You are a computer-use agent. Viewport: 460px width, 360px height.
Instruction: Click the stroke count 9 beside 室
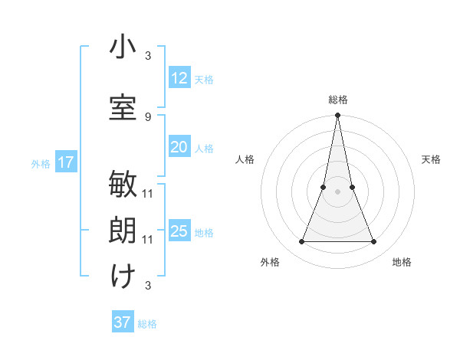148,116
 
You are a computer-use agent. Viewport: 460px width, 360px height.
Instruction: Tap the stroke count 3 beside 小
148,56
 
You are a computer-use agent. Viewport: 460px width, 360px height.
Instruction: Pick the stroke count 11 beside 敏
148,193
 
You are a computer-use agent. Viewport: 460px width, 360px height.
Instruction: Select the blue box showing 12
179,77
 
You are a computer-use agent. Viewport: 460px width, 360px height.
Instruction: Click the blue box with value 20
179,147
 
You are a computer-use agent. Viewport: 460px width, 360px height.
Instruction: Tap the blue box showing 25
179,231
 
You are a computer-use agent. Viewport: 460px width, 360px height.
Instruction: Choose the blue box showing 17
66,162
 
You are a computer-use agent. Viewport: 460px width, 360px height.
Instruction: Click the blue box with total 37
123,322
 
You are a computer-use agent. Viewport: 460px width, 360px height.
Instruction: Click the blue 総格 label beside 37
147,324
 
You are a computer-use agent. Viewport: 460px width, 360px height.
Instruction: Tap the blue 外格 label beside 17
41,163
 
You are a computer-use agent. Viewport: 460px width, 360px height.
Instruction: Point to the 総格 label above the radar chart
337,100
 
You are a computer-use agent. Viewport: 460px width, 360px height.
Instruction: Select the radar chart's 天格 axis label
431,159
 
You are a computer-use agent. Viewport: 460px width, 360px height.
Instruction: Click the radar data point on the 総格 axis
337,116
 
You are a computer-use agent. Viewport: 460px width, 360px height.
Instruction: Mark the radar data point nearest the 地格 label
374,242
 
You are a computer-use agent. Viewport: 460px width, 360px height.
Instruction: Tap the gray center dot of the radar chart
337,191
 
